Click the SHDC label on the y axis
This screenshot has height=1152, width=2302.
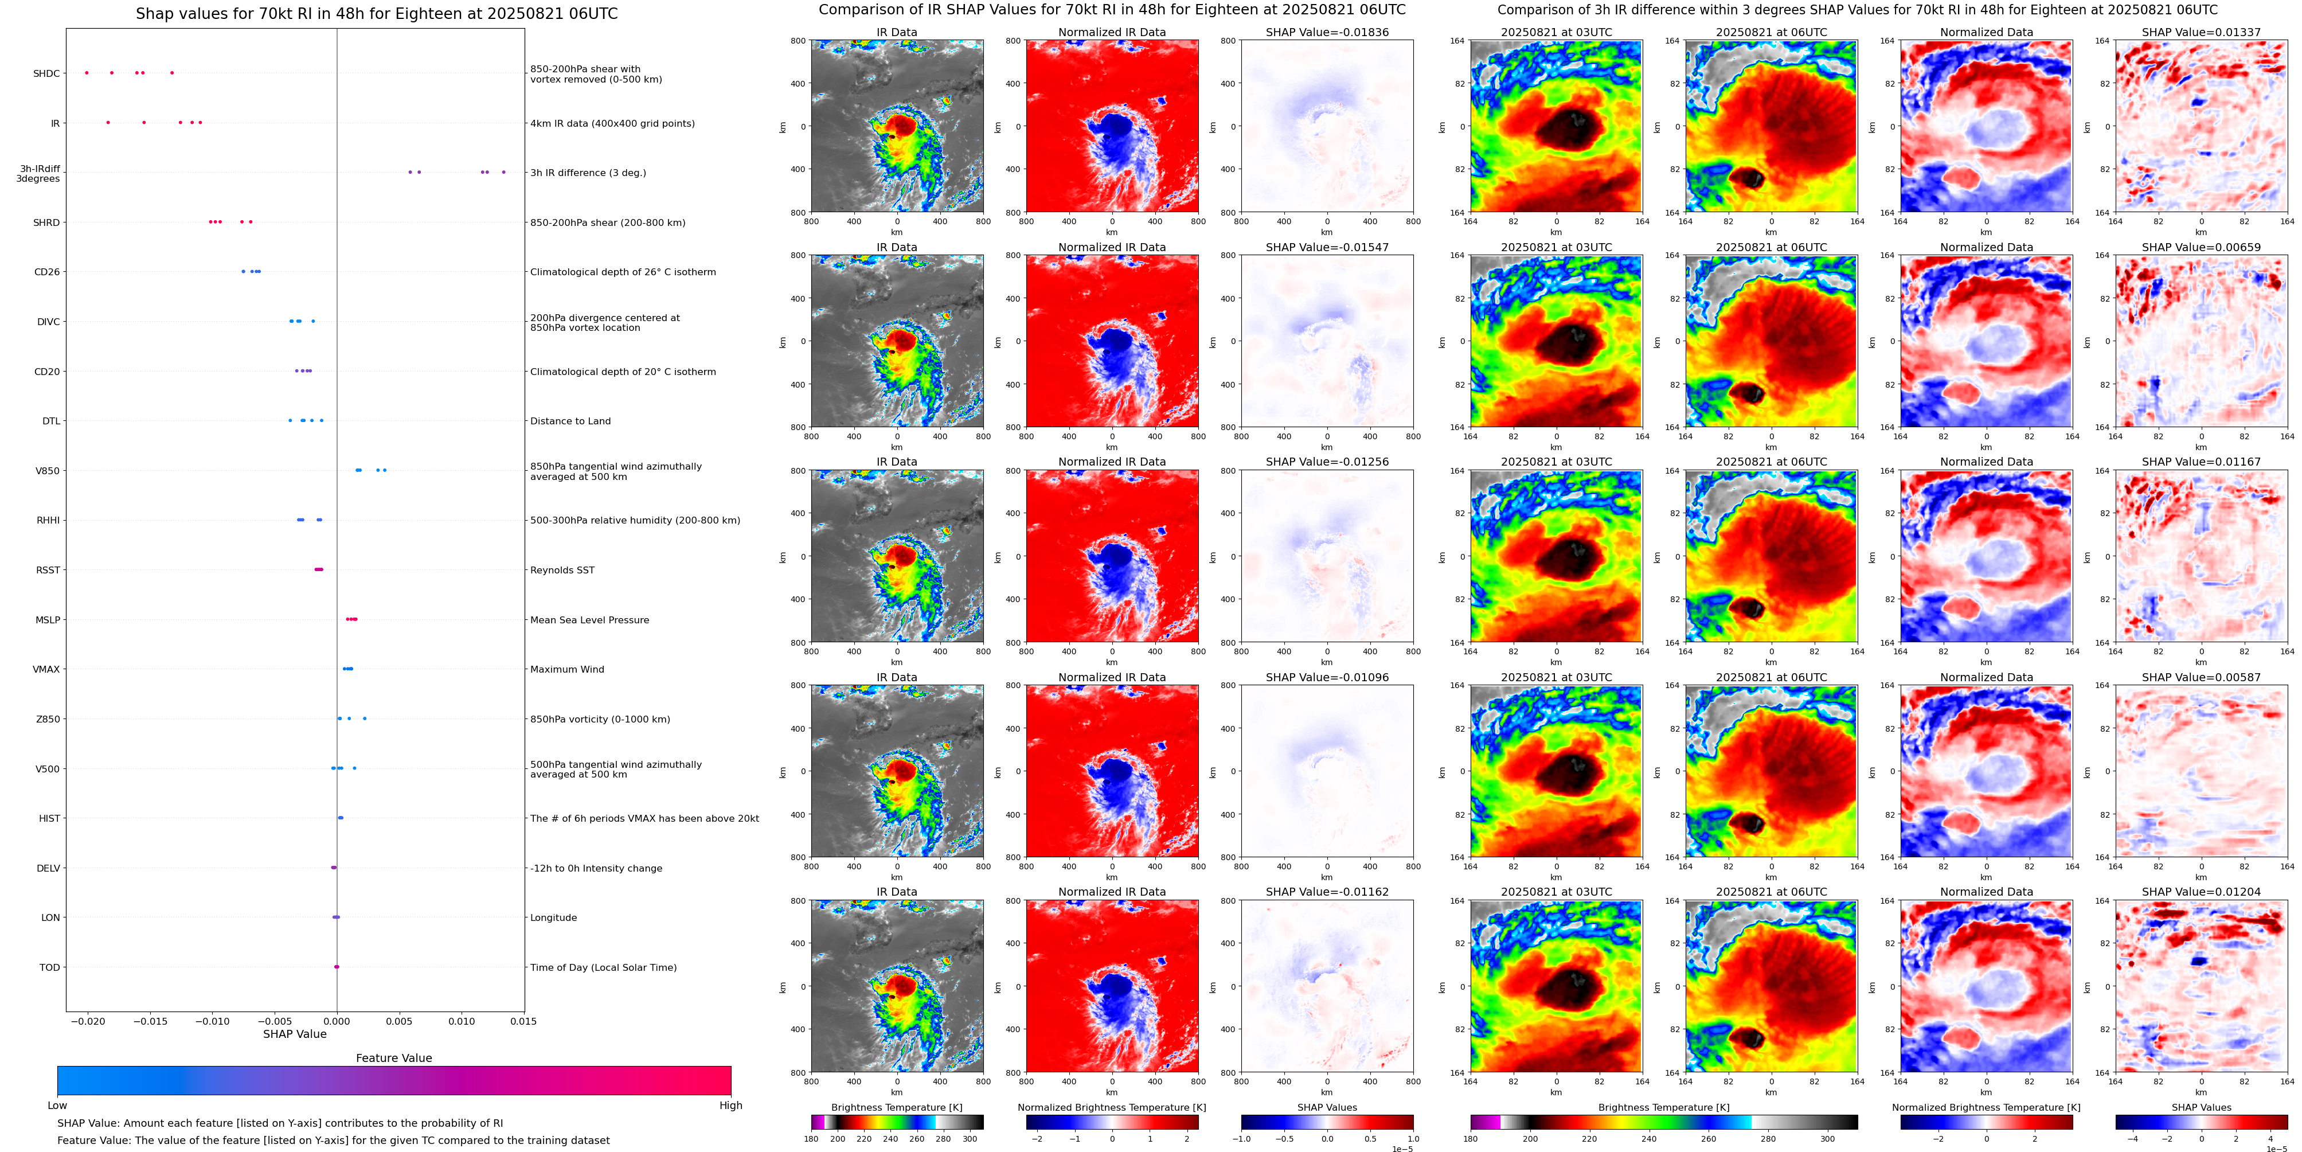pos(46,73)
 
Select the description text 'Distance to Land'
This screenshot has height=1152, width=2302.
pos(570,421)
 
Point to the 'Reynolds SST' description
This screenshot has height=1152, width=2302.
pos(562,570)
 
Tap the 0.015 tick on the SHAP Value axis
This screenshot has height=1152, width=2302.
pos(523,1021)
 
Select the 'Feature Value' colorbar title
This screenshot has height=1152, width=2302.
pos(393,1058)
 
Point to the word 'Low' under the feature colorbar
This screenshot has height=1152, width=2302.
pos(57,1106)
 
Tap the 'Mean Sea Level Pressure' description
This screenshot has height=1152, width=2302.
pos(590,620)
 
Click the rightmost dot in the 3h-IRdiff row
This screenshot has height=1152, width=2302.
pos(503,173)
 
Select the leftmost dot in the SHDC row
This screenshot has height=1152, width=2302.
pos(87,72)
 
